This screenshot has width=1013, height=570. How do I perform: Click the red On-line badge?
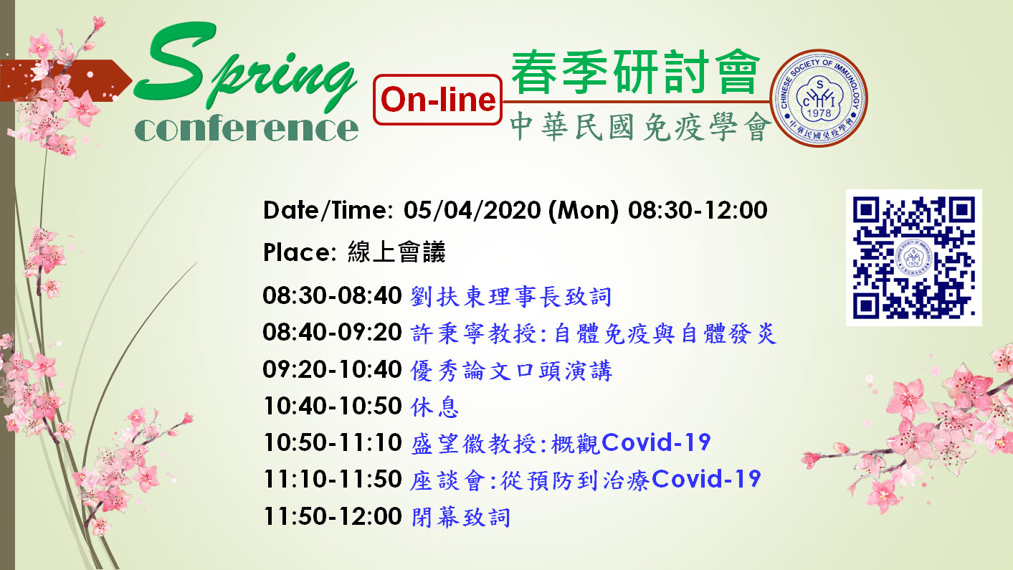[437, 100]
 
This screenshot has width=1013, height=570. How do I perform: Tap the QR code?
[913, 257]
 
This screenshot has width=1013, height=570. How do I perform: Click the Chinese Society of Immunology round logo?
[819, 98]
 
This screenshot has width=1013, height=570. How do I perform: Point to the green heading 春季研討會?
[635, 72]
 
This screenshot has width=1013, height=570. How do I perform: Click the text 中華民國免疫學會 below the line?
[640, 127]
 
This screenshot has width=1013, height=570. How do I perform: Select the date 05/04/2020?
[472, 210]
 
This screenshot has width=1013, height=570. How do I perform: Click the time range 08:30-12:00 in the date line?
[698, 210]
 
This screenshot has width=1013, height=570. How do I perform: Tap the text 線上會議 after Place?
[396, 252]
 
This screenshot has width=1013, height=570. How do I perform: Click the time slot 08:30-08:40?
[333, 296]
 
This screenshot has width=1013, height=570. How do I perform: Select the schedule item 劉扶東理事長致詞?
[511, 297]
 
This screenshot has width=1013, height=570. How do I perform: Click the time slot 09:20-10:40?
[333, 369]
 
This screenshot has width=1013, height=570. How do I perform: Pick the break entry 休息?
[434, 407]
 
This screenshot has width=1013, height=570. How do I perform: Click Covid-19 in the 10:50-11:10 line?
[656, 442]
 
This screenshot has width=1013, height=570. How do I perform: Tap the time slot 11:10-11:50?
[333, 480]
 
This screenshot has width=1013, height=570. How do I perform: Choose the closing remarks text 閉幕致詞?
[461, 517]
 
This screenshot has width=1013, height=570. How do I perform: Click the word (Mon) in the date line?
[584, 211]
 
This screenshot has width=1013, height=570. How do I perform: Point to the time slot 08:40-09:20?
[333, 333]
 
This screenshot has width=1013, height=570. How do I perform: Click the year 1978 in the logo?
[819, 113]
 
